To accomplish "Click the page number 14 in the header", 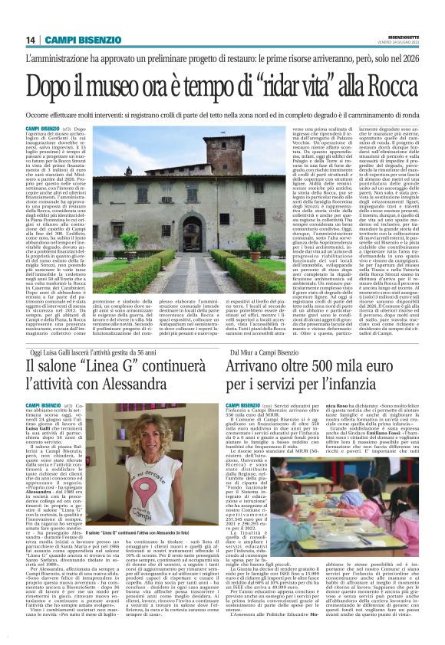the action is coord(31,40).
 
